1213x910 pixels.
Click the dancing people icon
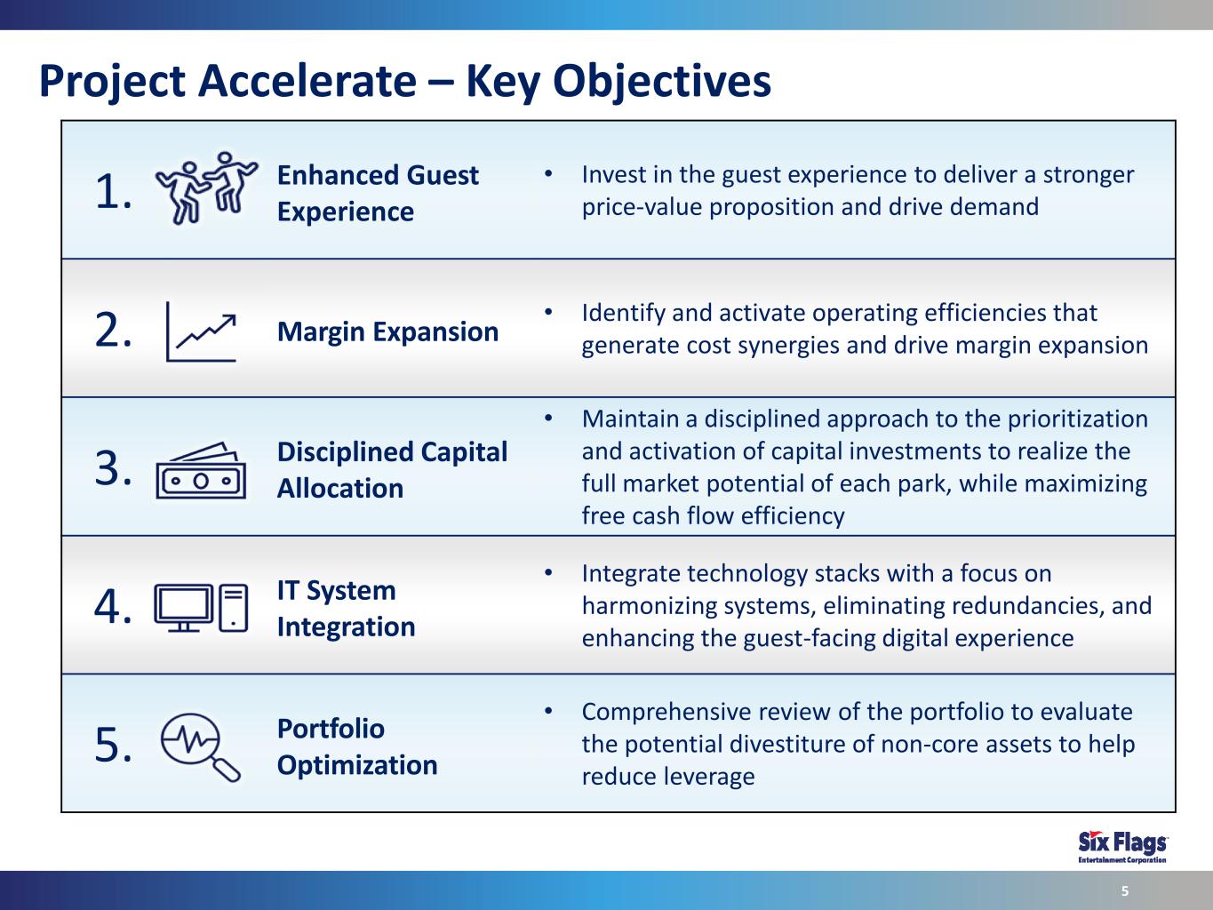pos(205,188)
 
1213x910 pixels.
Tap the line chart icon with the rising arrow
pos(201,331)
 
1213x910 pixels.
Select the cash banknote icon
pos(201,471)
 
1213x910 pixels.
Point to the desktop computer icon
pos(201,608)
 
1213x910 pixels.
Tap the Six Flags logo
pos(1122,847)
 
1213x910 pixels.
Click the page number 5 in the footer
pos(1125,890)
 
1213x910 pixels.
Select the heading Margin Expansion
pos(388,332)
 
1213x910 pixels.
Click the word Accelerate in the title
pos(307,81)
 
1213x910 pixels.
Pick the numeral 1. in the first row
pos(113,191)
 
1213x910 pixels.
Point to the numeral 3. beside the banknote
pos(113,468)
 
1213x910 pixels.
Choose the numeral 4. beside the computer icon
pos(113,607)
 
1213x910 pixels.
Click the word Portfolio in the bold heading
pos(331,729)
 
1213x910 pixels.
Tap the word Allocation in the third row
pos(340,489)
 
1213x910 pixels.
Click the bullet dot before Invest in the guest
pos(548,174)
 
